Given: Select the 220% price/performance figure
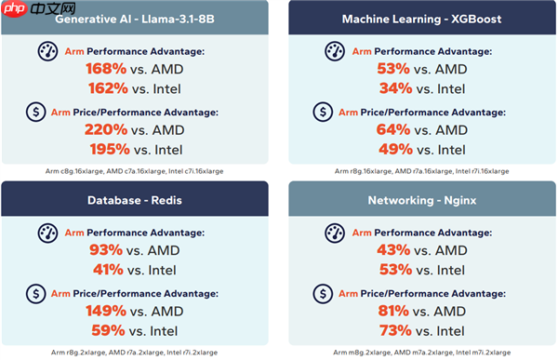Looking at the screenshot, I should point(106,129).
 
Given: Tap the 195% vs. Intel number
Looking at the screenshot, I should point(108,150).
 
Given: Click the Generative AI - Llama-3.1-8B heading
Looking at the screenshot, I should point(139,18).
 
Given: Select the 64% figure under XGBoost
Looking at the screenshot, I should point(394,129).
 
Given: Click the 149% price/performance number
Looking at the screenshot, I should point(106,310).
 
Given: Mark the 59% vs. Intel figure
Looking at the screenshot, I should point(108,329).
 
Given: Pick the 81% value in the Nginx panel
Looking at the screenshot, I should point(394,310).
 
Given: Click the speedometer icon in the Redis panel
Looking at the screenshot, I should point(47,233).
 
